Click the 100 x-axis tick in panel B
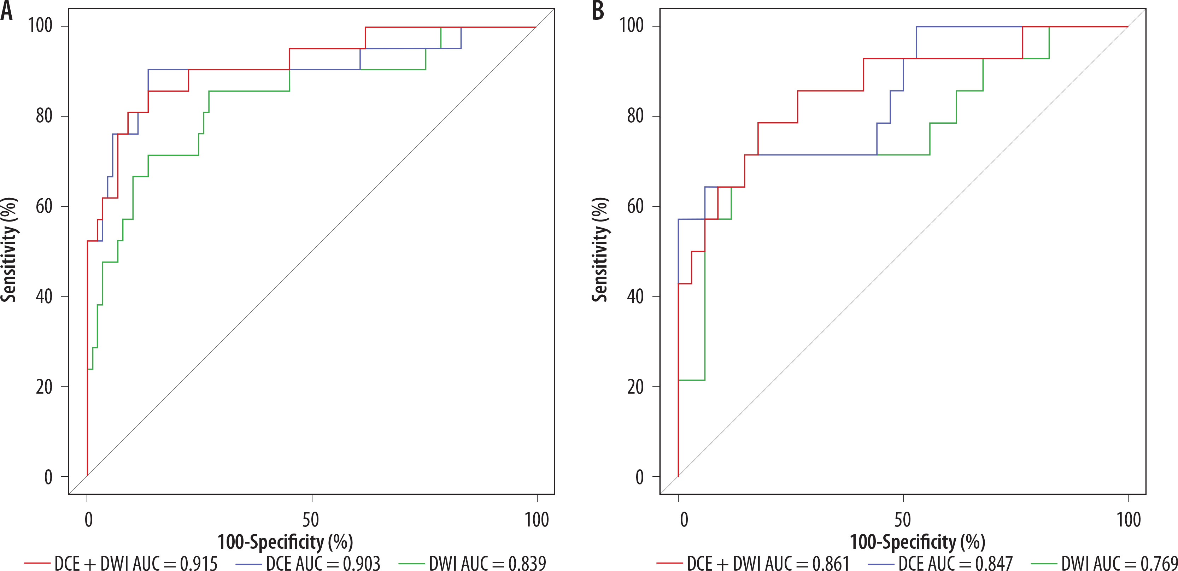(1129, 520)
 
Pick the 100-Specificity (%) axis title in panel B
(917, 542)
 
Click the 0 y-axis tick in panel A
(48, 477)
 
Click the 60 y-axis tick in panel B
(635, 206)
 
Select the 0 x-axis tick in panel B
(684, 520)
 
